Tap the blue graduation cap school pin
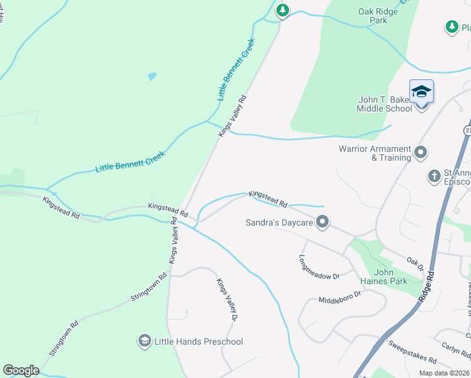(421, 93)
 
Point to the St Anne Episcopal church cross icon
(434, 176)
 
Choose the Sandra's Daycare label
(279, 222)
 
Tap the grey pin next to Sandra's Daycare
(322, 221)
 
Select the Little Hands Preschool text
(200, 341)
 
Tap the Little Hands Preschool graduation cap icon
(144, 341)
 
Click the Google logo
(21, 370)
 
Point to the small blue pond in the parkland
(152, 76)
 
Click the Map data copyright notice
(445, 373)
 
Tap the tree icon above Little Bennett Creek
(283, 10)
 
